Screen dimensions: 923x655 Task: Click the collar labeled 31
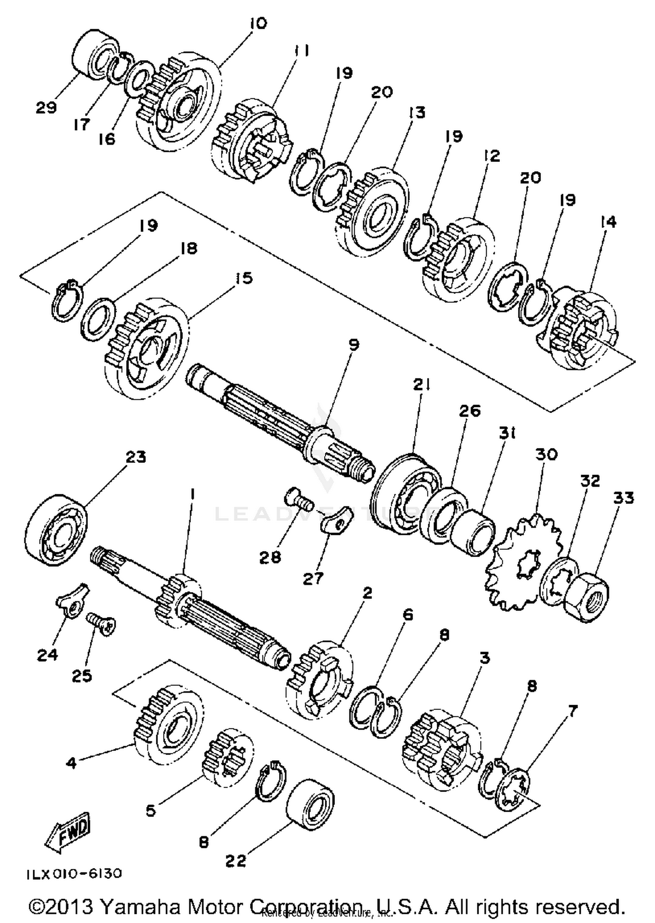coord(473,533)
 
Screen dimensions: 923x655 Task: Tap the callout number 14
coord(608,222)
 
